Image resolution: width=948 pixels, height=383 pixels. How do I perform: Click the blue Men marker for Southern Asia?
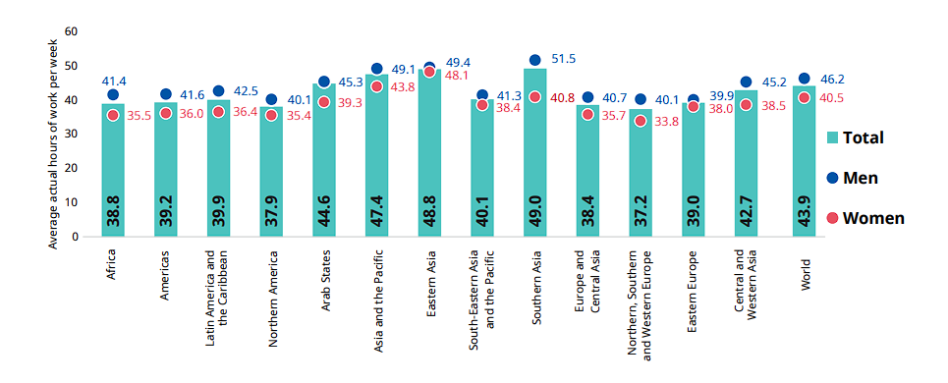pyautogui.click(x=534, y=61)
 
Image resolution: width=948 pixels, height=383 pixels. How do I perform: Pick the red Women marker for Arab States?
pyautogui.click(x=323, y=102)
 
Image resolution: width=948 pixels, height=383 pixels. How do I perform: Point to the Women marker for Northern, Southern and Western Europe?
pyautogui.click(x=641, y=121)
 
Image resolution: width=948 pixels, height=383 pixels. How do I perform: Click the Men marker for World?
pyautogui.click(x=805, y=79)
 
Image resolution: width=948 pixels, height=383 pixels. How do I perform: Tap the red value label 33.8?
pyautogui.click(x=667, y=122)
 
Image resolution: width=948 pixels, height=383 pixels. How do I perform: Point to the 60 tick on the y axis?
pyautogui.click(x=70, y=31)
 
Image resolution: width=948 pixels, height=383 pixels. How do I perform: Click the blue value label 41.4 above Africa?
pyautogui.click(x=114, y=80)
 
